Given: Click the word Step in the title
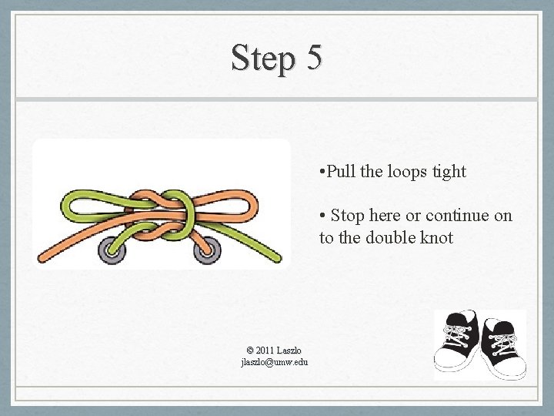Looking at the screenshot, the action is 263,59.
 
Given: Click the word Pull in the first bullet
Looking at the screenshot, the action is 340,171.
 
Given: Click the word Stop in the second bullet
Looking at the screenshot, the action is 348,216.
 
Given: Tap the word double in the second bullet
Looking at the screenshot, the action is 390,237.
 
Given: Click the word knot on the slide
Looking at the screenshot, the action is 437,237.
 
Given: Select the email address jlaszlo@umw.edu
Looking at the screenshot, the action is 275,362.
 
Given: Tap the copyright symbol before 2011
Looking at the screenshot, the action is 250,351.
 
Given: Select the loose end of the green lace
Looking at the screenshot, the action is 278,258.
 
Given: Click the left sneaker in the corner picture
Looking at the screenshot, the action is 456,342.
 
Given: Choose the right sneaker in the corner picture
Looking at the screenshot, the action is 504,348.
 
